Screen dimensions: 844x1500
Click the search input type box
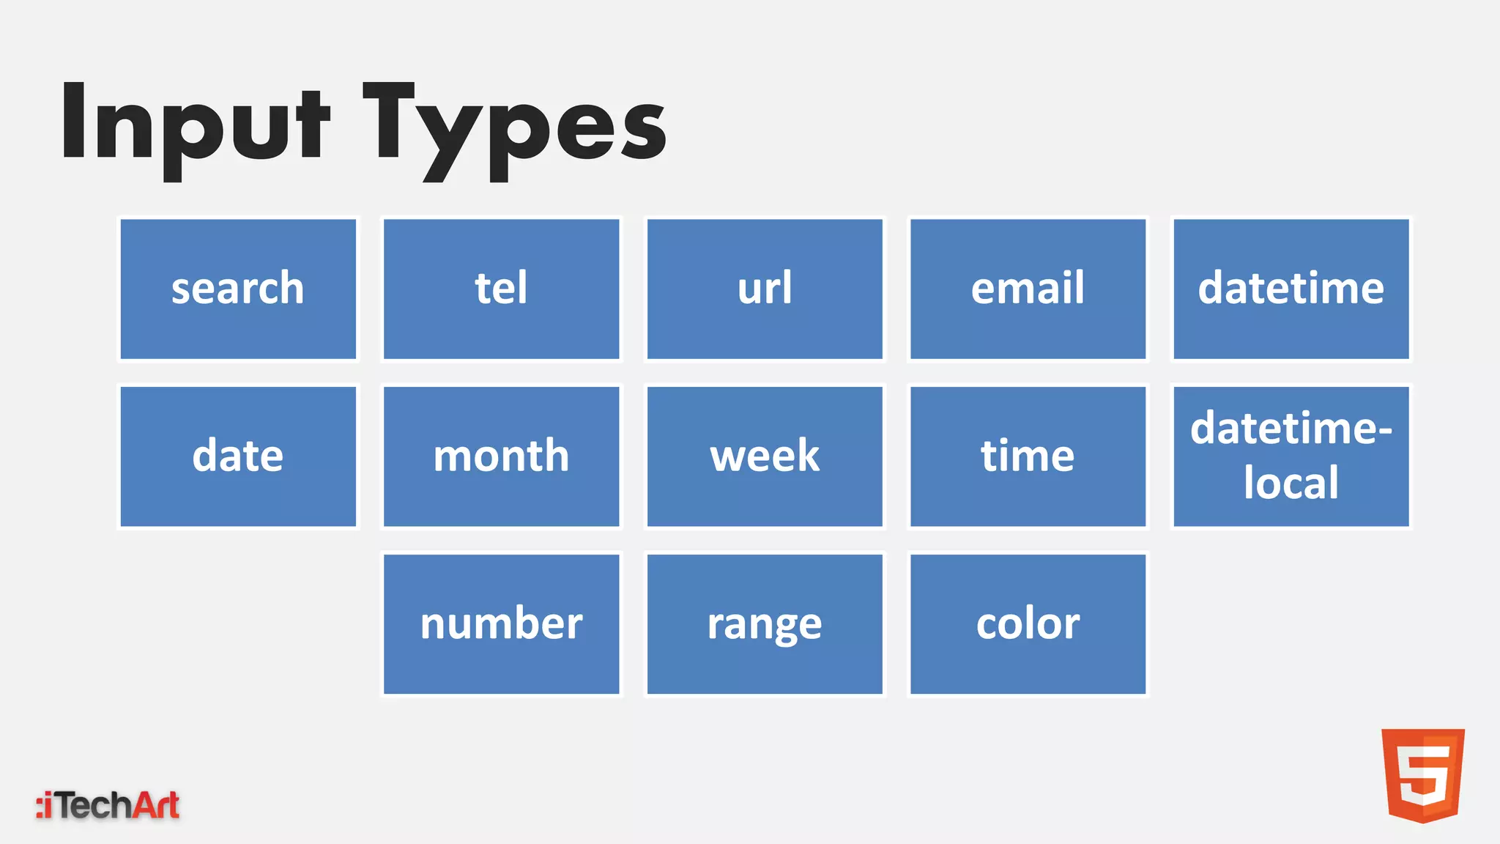238,289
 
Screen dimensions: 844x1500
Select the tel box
501,289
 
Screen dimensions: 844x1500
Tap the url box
765,289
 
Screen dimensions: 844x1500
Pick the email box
1028,289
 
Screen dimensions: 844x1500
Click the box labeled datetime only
1291,289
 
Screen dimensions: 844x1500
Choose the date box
238,456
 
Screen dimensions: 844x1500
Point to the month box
501,456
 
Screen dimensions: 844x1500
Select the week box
765,456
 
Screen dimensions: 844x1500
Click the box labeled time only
1028,456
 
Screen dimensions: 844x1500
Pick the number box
501,624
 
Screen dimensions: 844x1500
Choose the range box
765,624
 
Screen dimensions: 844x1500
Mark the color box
1028,624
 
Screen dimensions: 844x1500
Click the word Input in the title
194,125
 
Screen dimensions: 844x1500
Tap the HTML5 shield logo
1422,774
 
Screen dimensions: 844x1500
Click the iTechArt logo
108,805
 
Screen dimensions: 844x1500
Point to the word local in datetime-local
1291,483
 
